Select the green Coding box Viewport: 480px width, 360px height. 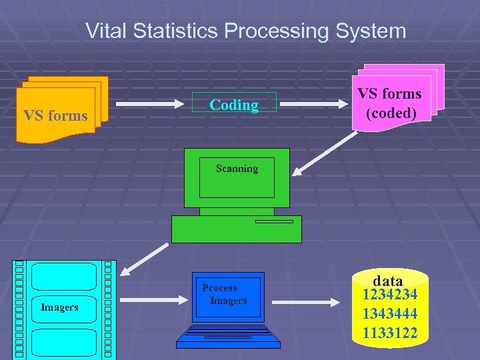coord(233,103)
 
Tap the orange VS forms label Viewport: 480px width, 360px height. coord(55,115)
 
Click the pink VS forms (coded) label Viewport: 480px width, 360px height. coord(390,103)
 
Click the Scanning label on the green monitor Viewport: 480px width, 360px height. coord(237,169)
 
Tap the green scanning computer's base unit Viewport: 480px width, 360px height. coord(237,229)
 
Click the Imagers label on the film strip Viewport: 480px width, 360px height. coord(59,307)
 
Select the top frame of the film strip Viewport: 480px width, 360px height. coord(64,276)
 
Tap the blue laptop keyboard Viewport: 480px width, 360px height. coord(228,333)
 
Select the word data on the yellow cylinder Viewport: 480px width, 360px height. coord(388,281)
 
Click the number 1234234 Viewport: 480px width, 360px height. coord(390,295)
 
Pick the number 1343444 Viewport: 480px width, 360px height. coord(390,313)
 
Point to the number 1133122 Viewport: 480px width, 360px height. coord(390,332)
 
